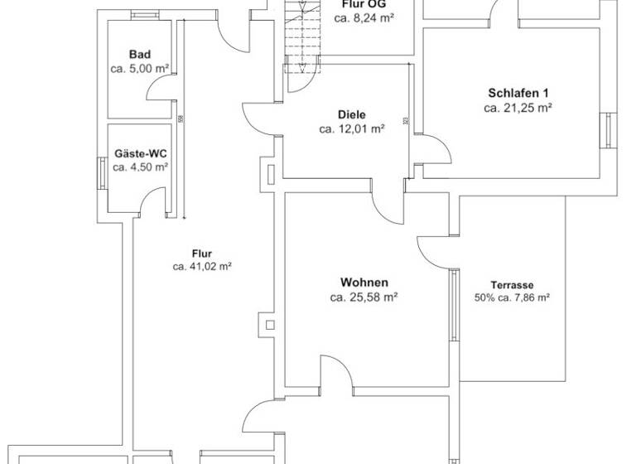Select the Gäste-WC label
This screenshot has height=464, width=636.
point(139,152)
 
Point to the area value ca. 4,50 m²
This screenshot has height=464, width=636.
point(139,167)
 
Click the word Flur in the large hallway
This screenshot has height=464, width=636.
point(201,254)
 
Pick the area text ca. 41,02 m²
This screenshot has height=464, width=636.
point(201,267)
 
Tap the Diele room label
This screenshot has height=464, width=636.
point(351,114)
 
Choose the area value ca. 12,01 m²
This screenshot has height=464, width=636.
point(351,128)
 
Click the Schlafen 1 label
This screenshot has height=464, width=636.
point(518,93)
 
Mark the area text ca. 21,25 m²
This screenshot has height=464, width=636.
point(518,107)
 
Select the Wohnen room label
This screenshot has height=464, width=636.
point(364,283)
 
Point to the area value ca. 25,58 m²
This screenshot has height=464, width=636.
point(364,297)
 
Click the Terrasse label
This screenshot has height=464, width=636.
point(513,283)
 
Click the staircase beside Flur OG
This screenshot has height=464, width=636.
point(301,37)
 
